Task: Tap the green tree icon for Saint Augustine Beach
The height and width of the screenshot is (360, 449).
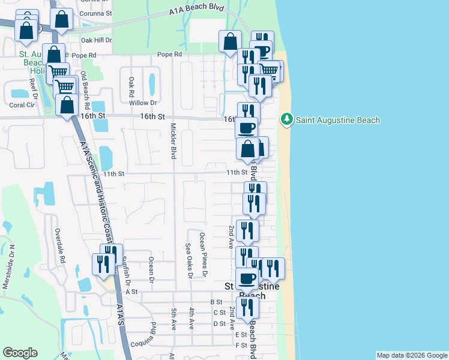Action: point(287,120)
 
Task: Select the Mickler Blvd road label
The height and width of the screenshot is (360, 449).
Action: point(173,141)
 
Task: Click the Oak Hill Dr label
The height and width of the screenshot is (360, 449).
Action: point(97,40)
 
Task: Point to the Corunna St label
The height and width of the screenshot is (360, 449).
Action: point(97,12)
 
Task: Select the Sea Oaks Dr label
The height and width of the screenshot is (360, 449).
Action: point(188,261)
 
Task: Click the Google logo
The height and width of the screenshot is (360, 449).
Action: point(20,353)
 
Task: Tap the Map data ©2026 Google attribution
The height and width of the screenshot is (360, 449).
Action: point(412,355)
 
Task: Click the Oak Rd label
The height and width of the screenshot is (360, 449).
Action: point(130,86)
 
